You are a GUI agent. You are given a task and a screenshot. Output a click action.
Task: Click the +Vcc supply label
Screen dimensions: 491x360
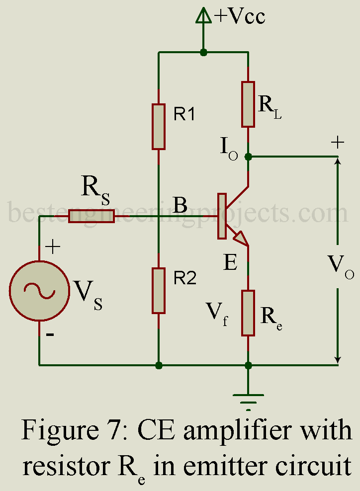coord(240,16)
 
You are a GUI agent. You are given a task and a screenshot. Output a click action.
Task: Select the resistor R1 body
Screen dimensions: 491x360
coord(159,126)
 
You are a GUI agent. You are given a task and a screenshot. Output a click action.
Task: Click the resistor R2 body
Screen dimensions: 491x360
coord(159,290)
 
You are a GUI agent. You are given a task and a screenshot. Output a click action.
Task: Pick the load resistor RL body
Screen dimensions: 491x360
coord(249,104)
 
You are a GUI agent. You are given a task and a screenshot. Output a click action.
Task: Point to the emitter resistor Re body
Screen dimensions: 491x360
coord(249,313)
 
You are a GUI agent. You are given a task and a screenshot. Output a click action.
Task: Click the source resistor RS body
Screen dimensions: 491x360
coord(91,216)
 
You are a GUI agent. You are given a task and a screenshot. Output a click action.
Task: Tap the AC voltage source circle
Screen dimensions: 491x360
coord(39,290)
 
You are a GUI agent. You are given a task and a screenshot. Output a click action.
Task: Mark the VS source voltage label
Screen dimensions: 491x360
coord(89,295)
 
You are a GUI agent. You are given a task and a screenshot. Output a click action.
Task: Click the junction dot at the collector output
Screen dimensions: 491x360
coord(249,157)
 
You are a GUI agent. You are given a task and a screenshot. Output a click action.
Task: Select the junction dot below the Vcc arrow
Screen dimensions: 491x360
coord(203,52)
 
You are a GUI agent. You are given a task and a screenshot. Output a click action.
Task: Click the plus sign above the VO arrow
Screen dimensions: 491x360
coord(338,143)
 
